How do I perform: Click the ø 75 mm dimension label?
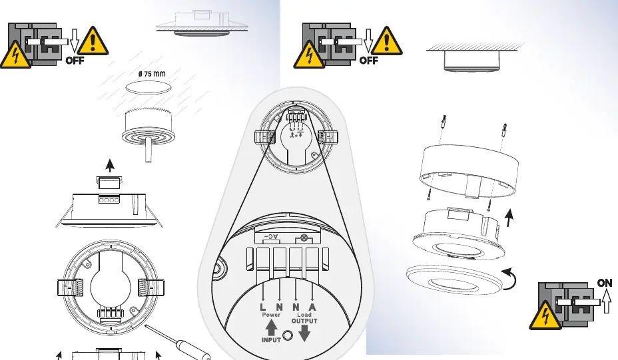[x=152, y=74]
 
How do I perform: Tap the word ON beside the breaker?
[x=605, y=283]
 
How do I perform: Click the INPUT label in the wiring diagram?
[x=271, y=340]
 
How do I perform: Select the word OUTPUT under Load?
[x=304, y=321]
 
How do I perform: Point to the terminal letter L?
[x=263, y=307]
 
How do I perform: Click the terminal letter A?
[x=312, y=307]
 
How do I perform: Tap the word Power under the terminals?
[x=271, y=315]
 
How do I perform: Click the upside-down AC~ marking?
[x=271, y=237]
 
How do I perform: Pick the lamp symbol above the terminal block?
[x=304, y=238]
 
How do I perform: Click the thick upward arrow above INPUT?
[x=271, y=327]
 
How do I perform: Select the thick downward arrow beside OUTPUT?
[x=304, y=333]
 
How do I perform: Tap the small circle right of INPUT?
[x=288, y=335]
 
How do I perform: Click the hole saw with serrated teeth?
[x=149, y=126]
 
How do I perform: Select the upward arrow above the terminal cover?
[x=110, y=166]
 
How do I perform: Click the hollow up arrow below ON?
[x=607, y=301]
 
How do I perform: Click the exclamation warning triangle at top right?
[x=387, y=41]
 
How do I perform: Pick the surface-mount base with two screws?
[x=469, y=170]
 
